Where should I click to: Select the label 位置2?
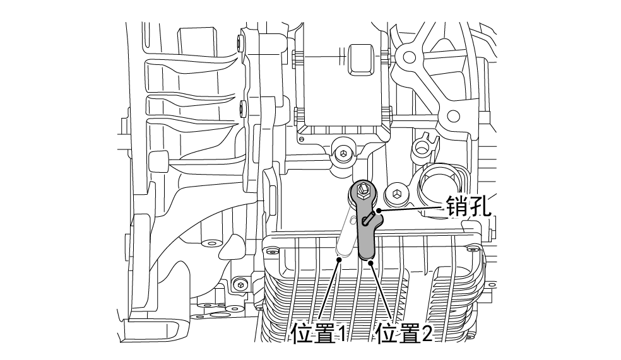tap(405, 332)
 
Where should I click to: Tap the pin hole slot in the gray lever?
tap(369, 218)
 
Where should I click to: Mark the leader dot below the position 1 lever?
tap(340, 258)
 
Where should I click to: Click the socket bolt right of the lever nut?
tap(397, 193)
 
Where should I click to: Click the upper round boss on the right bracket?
tap(405, 57)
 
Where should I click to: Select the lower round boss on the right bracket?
tap(452, 116)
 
